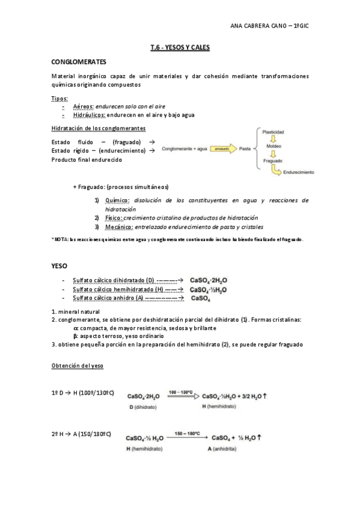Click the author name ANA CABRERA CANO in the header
(x=258, y=26)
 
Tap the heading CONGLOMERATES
(x=79, y=62)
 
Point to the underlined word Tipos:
(x=60, y=98)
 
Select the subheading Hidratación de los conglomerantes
(x=98, y=129)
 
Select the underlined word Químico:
(x=117, y=200)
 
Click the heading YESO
(x=60, y=265)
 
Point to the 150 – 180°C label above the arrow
(x=187, y=432)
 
